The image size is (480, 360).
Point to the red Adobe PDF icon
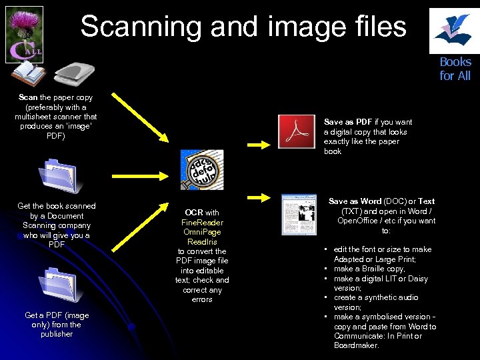296,132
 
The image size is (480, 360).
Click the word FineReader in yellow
202,222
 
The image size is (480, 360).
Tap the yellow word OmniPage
202,232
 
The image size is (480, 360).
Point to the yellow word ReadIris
202,241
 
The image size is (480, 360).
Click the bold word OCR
193,213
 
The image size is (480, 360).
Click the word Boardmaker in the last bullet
356,345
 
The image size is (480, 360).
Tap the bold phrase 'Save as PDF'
347,122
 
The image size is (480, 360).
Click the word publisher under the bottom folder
57,334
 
